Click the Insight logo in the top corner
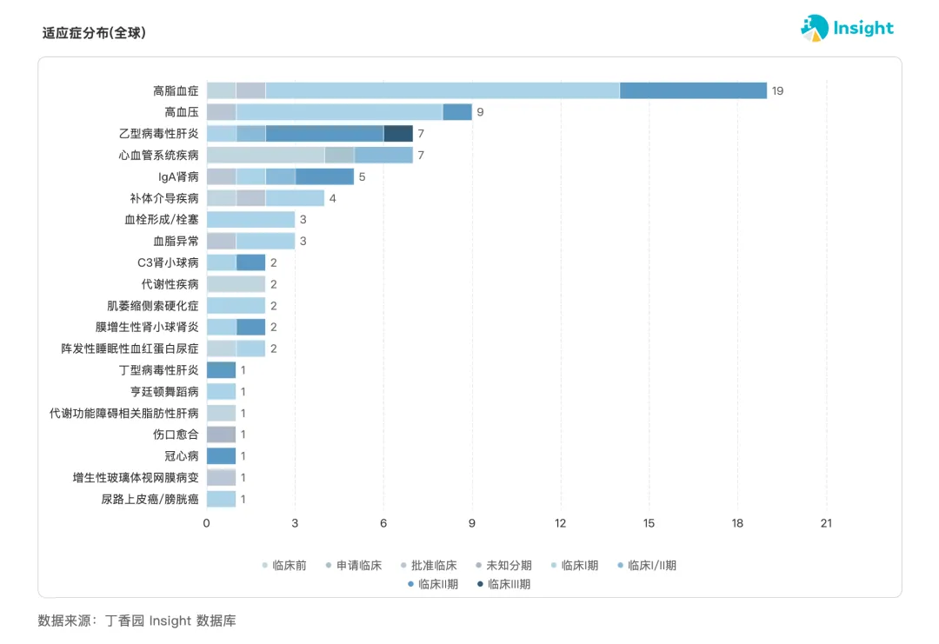pos(847,28)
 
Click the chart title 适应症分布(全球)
pos(94,33)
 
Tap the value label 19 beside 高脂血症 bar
pos(777,90)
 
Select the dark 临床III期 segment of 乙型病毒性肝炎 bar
pos(398,134)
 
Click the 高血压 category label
pos(181,112)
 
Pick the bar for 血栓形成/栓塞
pos(250,220)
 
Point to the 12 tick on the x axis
pos(561,523)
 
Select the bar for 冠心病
pos(221,456)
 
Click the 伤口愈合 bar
pos(221,435)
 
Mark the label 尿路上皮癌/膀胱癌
pos(150,499)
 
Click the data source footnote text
pos(137,621)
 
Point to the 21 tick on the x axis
pos(826,523)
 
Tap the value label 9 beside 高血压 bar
pos(480,112)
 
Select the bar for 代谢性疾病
pos(236,284)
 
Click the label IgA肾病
pos(178,176)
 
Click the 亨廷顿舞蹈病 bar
pos(221,392)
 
